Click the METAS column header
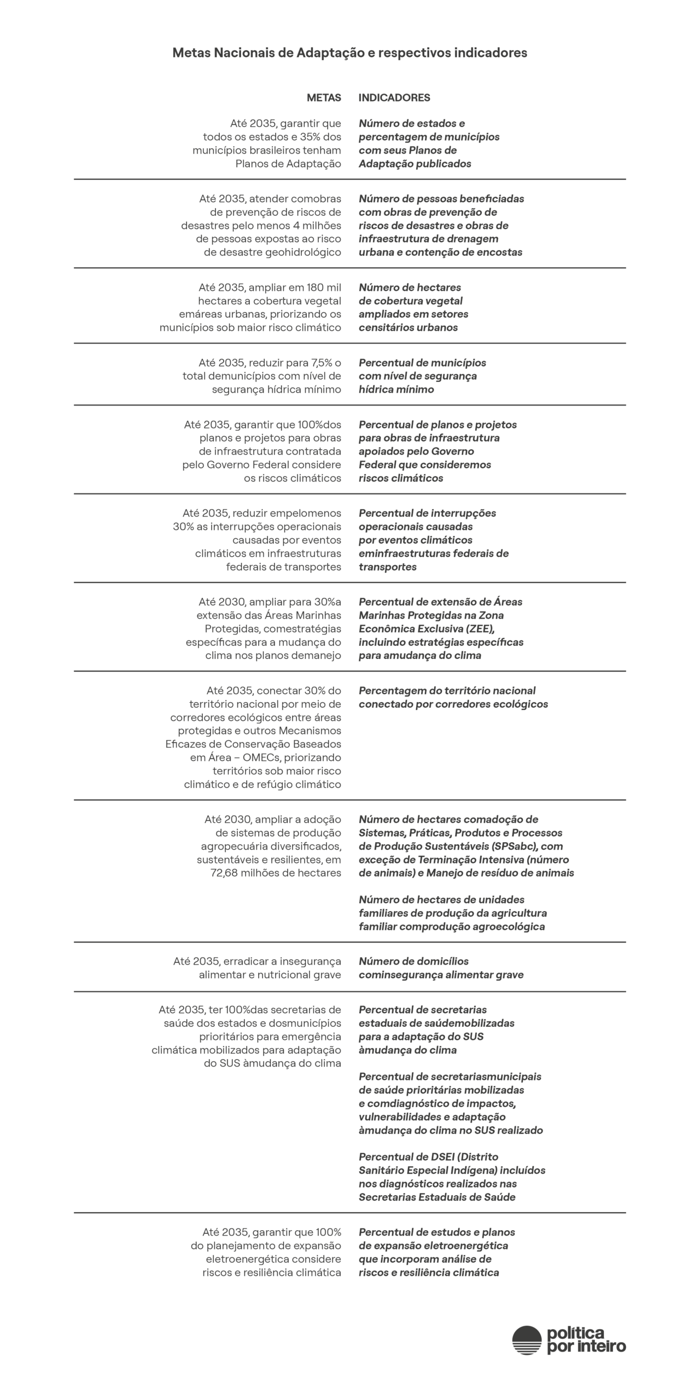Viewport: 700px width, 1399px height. click(324, 98)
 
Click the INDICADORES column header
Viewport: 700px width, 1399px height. click(394, 98)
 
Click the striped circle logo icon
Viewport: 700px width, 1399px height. click(526, 1340)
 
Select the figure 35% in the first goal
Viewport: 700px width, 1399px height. click(316, 137)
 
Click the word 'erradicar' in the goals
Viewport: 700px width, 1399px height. click(246, 961)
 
